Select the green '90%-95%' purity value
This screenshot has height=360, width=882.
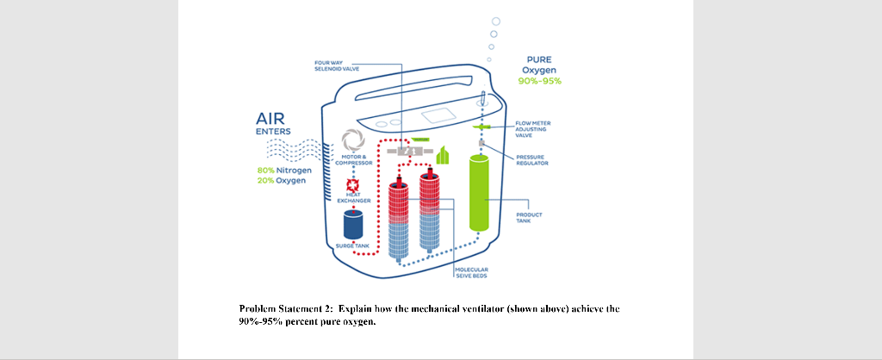tap(540, 81)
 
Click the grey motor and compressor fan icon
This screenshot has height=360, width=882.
tap(354, 140)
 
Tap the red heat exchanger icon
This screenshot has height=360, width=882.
tap(352, 186)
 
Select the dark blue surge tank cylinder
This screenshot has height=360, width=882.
tap(354, 226)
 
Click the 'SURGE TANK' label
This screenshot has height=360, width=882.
tap(352, 245)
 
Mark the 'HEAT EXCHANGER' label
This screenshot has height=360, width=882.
tap(353, 199)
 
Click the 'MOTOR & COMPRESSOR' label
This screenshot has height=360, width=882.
tap(353, 159)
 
